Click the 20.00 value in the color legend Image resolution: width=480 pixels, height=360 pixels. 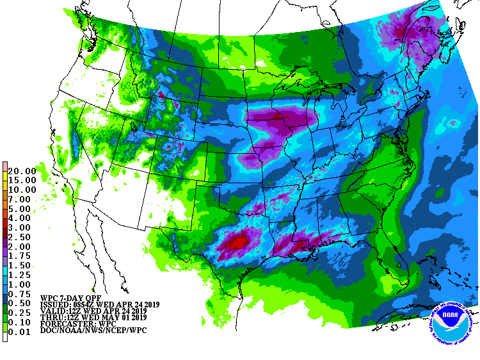coord(22,170)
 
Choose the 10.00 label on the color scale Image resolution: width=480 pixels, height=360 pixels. coord(22,190)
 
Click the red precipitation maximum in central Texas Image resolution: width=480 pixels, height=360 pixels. coord(236,243)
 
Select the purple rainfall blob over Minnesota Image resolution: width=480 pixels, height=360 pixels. coord(282,119)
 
